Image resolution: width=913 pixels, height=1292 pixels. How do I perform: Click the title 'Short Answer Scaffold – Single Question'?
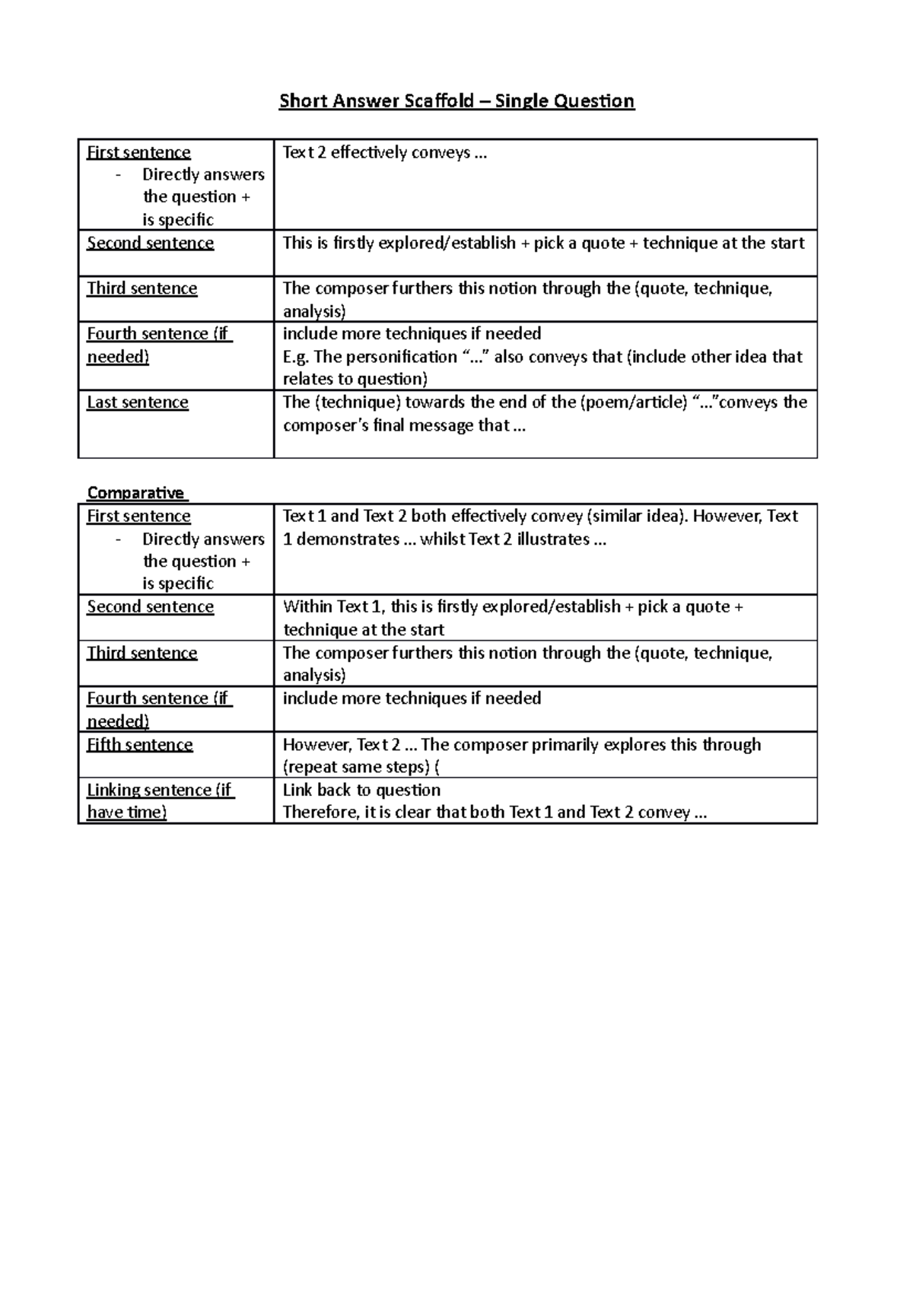point(456,101)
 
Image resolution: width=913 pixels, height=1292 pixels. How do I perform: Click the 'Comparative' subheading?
point(135,492)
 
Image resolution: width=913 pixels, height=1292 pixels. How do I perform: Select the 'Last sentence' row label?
point(137,403)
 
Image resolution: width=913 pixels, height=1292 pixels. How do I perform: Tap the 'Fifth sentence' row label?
point(139,744)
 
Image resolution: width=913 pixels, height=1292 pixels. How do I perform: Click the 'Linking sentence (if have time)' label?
point(159,800)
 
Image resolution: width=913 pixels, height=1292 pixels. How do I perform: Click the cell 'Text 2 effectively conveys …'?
point(384,153)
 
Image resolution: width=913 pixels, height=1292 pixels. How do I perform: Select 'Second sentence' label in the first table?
point(150,243)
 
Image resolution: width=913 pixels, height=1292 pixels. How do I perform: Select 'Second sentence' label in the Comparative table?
point(150,606)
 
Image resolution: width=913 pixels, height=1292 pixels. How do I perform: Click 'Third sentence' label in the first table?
point(142,288)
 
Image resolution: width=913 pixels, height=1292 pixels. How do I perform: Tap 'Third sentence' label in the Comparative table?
point(142,653)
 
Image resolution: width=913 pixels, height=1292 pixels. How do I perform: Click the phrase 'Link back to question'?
point(361,790)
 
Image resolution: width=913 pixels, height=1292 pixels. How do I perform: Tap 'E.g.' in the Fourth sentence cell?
point(296,357)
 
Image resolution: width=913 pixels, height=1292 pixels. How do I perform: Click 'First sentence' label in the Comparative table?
point(138,516)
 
